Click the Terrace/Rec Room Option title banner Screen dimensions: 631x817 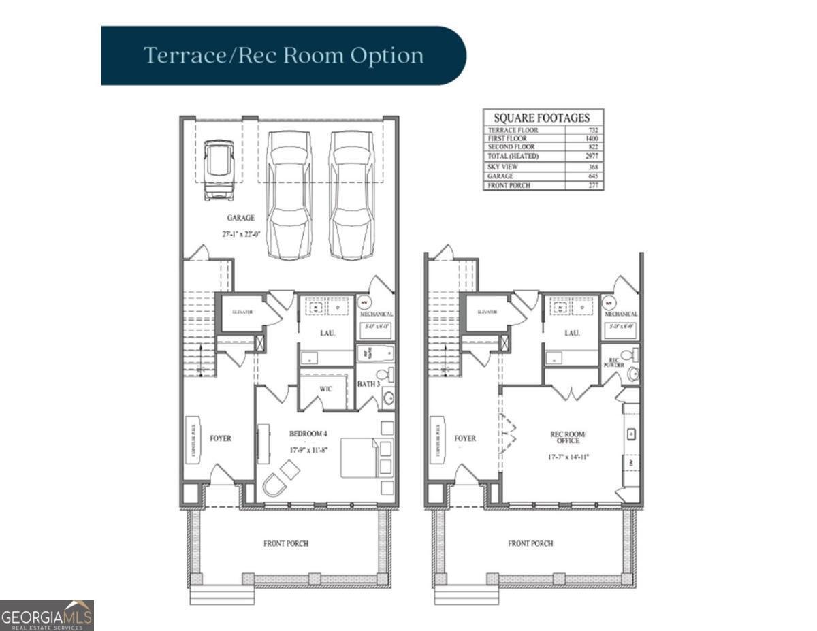pyautogui.click(x=283, y=56)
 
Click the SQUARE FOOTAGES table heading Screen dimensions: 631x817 pyautogui.click(x=543, y=118)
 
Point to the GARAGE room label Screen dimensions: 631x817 pyautogui.click(x=240, y=219)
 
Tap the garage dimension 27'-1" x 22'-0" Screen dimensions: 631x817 pyautogui.click(x=240, y=233)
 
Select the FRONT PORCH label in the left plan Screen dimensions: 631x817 pyautogui.click(x=286, y=544)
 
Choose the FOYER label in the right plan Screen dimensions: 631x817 pyautogui.click(x=466, y=439)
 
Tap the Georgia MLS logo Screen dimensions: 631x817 pyautogui.click(x=46, y=615)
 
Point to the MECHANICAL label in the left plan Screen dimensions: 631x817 pyautogui.click(x=377, y=314)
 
